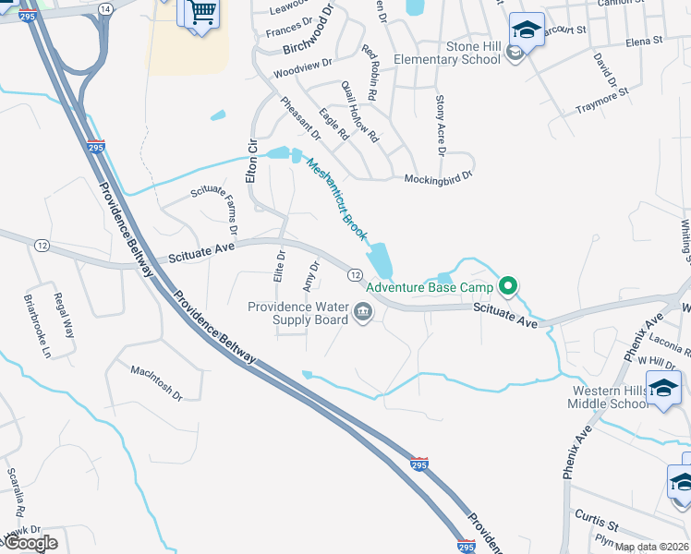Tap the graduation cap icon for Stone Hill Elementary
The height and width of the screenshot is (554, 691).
(527, 30)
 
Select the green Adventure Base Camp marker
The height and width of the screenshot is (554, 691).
(506, 285)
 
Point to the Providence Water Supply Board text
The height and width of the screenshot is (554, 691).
(297, 313)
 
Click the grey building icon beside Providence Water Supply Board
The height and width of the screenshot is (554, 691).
(363, 316)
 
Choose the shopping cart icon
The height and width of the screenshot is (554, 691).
(201, 14)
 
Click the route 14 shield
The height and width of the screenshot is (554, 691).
(104, 8)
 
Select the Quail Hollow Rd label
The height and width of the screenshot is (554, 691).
(359, 112)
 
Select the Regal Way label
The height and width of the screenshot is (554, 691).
(63, 311)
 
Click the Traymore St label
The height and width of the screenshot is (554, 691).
(601, 100)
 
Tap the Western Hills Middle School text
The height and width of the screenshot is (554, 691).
(610, 397)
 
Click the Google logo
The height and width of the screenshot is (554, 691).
(30, 543)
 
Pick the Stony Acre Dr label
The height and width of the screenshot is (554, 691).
(441, 125)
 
